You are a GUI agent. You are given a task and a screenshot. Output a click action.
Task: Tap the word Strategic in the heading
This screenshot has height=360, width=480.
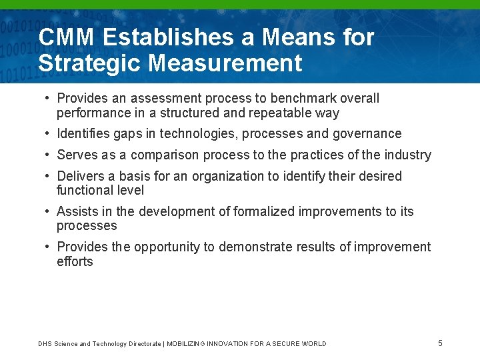(x=89, y=63)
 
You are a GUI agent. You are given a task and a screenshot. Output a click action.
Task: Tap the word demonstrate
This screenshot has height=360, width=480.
(x=255, y=247)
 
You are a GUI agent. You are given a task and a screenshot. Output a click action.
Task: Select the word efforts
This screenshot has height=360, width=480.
(x=75, y=261)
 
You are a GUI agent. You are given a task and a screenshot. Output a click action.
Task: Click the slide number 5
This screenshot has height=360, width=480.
(x=440, y=343)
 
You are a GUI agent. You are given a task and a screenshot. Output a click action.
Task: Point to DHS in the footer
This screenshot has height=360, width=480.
(x=45, y=344)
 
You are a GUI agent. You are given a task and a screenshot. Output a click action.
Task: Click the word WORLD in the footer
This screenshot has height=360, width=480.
(x=313, y=344)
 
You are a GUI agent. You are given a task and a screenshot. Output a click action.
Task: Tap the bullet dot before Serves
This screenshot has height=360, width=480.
(x=48, y=155)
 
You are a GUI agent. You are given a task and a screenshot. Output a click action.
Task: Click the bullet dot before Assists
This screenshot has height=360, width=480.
(x=48, y=212)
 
